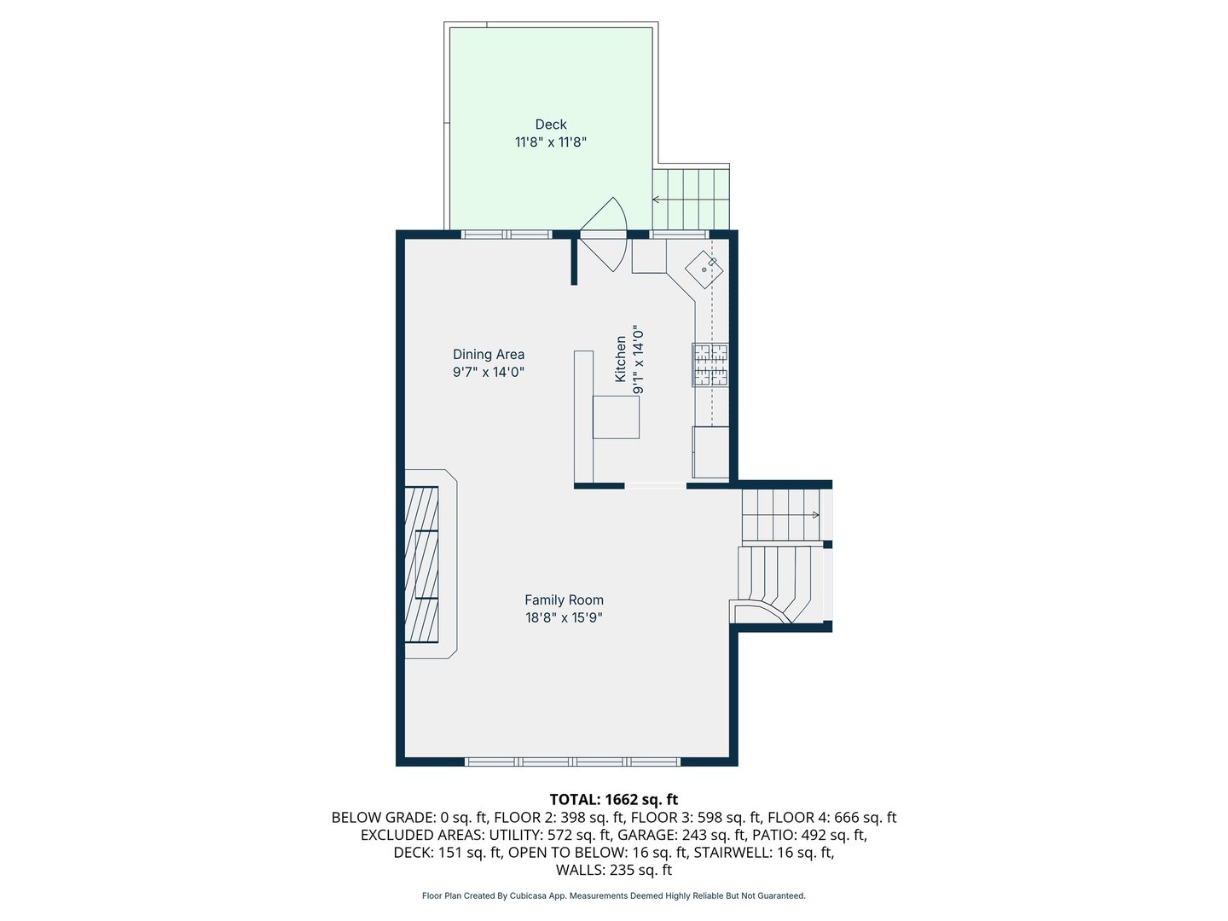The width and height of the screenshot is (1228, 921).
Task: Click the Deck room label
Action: coord(551,125)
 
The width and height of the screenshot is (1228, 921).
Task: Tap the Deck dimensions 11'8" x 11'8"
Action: coord(551,142)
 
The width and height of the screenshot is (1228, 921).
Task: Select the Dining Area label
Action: coord(489,354)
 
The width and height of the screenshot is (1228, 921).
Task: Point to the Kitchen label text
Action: coord(621,358)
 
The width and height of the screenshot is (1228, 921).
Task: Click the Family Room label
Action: coord(564,600)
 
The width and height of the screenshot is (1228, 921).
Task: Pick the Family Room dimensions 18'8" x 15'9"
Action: coord(564,618)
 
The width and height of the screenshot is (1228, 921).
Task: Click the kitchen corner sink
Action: coord(704,269)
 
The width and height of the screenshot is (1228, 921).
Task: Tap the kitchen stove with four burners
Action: coord(710,365)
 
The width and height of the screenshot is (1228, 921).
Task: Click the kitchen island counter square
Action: coord(616,417)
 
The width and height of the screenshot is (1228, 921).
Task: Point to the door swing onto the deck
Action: coord(607,235)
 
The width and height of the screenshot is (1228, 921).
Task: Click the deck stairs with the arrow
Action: coord(691,198)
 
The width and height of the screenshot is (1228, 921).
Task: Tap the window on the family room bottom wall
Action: coord(572,761)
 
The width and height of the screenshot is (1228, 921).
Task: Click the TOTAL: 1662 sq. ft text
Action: coord(614,800)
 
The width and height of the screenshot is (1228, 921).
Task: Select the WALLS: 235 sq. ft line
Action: coord(614,870)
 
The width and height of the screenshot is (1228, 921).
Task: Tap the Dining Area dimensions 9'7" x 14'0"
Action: coord(489,373)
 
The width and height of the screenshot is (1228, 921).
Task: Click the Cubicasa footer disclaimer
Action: coord(614,896)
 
